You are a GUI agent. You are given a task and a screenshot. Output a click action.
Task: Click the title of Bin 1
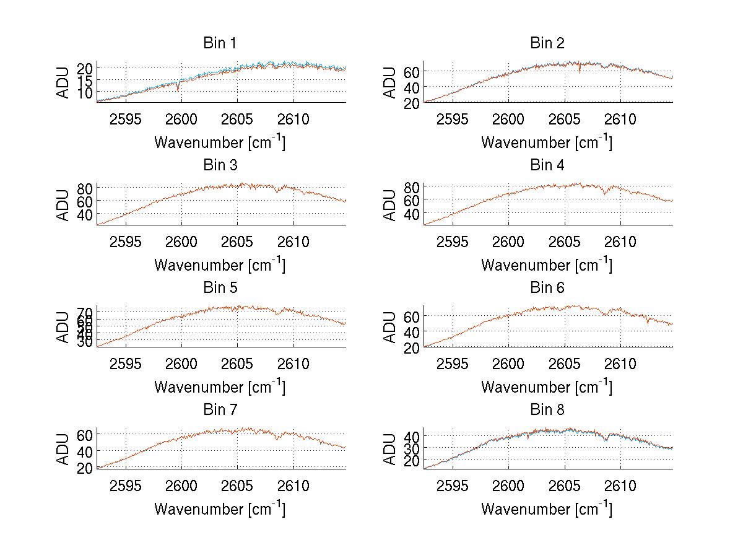point(220,43)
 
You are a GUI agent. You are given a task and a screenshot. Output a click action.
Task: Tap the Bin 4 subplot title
point(547,165)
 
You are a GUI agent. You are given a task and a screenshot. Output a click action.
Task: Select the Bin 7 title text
point(220,410)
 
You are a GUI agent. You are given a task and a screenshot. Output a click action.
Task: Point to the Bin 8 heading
point(547,410)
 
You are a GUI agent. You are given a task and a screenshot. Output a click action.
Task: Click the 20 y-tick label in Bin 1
point(85,68)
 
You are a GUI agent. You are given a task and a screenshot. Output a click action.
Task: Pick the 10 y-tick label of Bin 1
point(85,92)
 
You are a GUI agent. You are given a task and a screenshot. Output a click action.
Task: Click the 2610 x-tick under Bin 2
point(620,120)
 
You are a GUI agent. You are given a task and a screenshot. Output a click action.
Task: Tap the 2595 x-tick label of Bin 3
point(126,242)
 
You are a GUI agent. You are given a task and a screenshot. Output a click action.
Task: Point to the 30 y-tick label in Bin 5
point(85,342)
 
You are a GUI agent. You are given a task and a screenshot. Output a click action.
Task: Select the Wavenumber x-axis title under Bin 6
point(547,387)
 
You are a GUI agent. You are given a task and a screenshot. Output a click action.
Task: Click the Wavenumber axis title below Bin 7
point(220,509)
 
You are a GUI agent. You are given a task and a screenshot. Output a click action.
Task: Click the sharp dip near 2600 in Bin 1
point(178,90)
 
